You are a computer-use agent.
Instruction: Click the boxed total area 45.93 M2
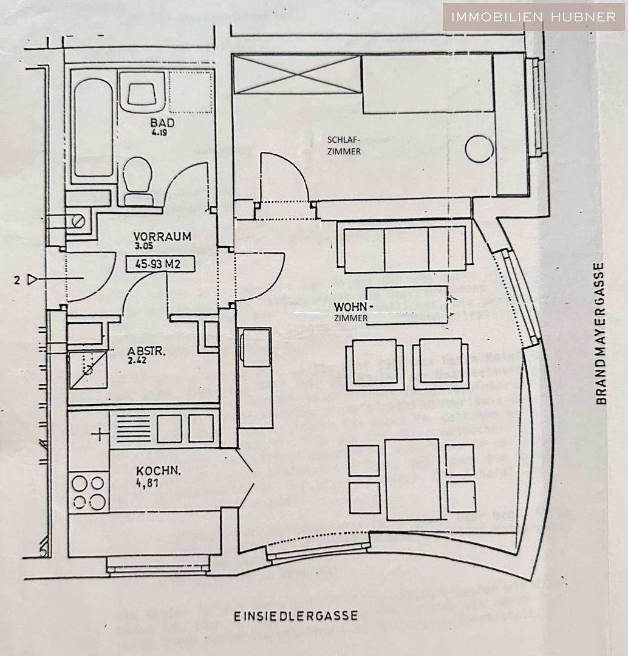pyautogui.click(x=160, y=264)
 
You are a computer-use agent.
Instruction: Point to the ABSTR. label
pyautogui.click(x=143, y=351)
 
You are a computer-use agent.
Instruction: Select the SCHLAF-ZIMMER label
pyautogui.click(x=343, y=145)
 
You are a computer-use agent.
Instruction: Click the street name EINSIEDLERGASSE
pyautogui.click(x=296, y=616)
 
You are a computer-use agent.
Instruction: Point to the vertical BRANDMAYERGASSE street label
pyautogui.click(x=601, y=333)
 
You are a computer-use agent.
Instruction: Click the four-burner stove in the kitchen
pyautogui.click(x=89, y=492)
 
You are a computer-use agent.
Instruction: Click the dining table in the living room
pyautogui.click(x=412, y=479)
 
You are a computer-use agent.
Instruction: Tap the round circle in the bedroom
pyautogui.click(x=479, y=149)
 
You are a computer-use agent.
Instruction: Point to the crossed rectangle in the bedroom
pyautogui.click(x=298, y=75)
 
